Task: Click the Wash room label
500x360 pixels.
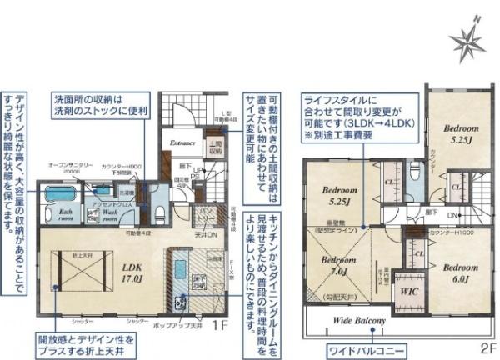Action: click(106, 213)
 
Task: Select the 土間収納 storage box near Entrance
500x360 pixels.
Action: click(215, 149)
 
